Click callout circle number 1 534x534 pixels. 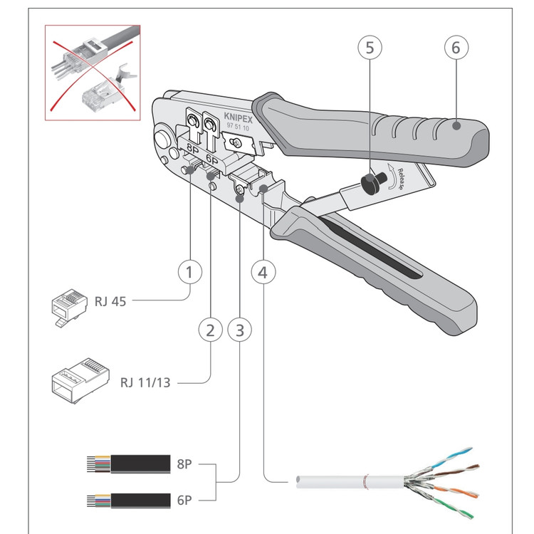(x=190, y=271)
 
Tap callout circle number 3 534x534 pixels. (x=239, y=330)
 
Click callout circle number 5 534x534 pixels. (x=370, y=48)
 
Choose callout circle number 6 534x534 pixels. (x=456, y=48)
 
